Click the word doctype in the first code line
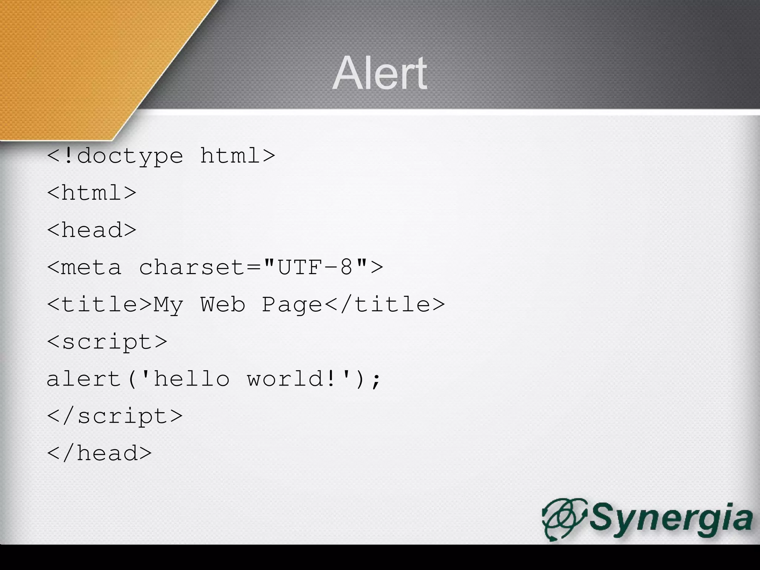tap(130, 156)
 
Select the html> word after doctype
tap(237, 155)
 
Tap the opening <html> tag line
tap(92, 193)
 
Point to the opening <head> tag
tap(92, 230)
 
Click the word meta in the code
tap(91, 267)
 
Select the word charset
tap(191, 267)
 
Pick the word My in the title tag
tap(168, 305)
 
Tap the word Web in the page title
tap(223, 304)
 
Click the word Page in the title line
tap(292, 305)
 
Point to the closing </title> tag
tap(384, 304)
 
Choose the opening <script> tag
tap(107, 342)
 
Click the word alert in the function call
tap(84, 379)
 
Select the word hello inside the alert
tap(191, 379)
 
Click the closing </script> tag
tap(115, 416)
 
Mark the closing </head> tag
tap(99, 453)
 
